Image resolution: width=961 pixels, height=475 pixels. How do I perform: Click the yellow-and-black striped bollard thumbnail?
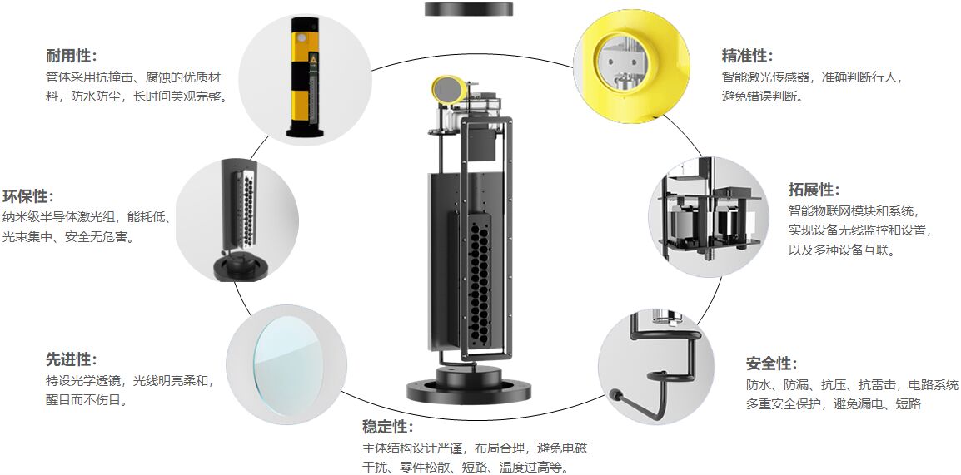tap(305, 77)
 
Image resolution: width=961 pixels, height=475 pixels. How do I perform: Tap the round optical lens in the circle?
tap(286, 364)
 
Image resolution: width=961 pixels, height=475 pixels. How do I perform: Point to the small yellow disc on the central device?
tap(447, 90)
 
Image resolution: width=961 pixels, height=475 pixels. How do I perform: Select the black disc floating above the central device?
tap(469, 8)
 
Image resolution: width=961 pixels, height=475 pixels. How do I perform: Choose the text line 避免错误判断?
tap(762, 96)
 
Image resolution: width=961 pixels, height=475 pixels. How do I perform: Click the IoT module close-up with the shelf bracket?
tap(710, 216)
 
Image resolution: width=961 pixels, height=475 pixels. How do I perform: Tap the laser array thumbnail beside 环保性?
tap(239, 220)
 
